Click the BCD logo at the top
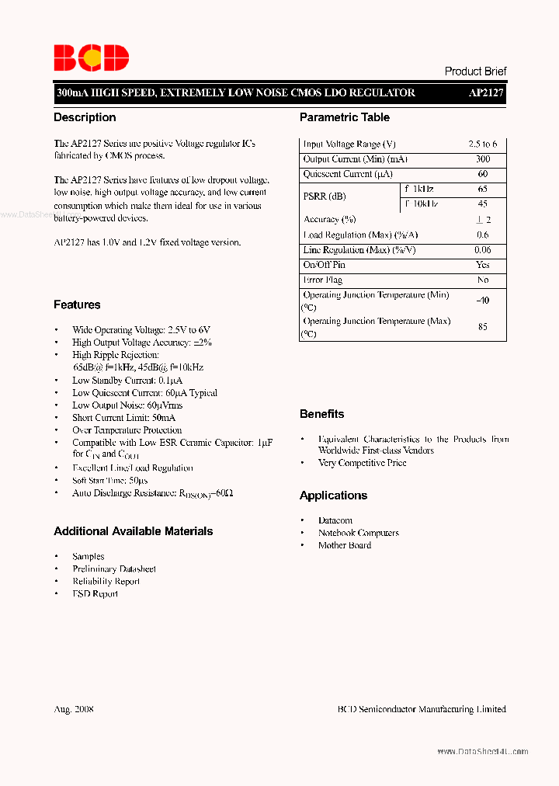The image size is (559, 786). tap(91, 57)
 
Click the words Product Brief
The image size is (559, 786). tap(475, 71)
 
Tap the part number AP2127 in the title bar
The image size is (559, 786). tap(486, 92)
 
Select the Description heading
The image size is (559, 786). tap(85, 117)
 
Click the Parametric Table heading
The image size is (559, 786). tap(345, 117)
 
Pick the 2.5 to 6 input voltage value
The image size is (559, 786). tap(483, 144)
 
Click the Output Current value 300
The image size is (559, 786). tap(483, 159)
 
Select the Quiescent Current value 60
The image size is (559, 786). tap(483, 174)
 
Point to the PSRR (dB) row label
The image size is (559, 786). tap(325, 196)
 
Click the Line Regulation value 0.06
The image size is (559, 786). tap(483, 250)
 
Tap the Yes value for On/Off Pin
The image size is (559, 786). tap(483, 265)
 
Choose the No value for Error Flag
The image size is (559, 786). tap(483, 280)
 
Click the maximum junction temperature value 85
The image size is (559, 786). tap(483, 327)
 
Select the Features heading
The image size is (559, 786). tap(77, 304)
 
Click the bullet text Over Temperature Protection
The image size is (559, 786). tap(127, 430)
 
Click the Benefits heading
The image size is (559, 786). tap(321, 414)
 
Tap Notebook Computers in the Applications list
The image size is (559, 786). tap(359, 533)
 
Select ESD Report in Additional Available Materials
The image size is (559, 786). tap(95, 594)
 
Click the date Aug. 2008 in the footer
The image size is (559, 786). tap(74, 709)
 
